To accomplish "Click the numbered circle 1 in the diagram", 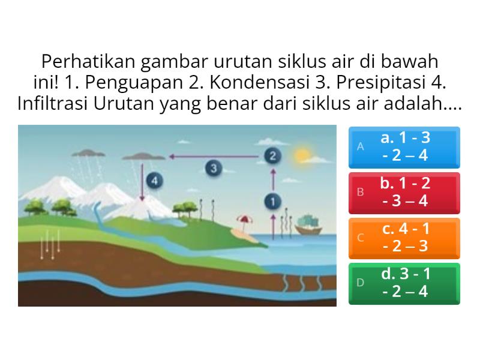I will [x=274, y=201].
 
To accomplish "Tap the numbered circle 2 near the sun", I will [x=272, y=156].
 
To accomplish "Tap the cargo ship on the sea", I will [x=310, y=226].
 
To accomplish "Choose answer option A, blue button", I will [x=404, y=147].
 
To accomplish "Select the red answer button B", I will [x=404, y=193].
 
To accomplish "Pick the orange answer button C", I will [x=404, y=238].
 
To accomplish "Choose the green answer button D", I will [x=404, y=283].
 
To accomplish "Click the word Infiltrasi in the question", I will [x=53, y=103].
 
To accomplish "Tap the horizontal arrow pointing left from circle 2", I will [x=216, y=157].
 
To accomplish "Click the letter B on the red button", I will [x=361, y=193].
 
